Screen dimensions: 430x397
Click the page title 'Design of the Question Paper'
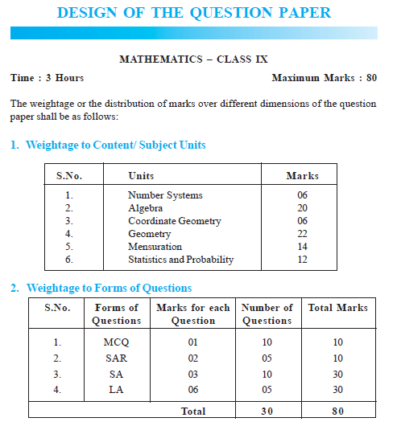tap(194, 14)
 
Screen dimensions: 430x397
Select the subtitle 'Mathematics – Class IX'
tap(193, 59)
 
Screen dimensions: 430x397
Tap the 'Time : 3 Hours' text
tap(47, 78)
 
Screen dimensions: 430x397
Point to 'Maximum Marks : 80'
tap(325, 78)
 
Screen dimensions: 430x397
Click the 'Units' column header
tap(141, 175)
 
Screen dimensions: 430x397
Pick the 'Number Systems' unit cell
tap(165, 195)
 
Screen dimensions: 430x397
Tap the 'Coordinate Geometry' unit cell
tap(174, 221)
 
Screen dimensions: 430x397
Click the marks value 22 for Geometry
tap(302, 234)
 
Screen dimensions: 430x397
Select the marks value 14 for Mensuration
tap(302, 247)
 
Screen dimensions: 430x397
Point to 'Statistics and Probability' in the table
tap(180, 260)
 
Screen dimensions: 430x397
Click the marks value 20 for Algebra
tap(302, 208)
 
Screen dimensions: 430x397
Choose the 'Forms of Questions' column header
tap(117, 314)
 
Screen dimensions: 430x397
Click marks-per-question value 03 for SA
tap(192, 375)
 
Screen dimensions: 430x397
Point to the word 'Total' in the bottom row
tap(192, 412)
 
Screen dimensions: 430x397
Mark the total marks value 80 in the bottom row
tap(337, 412)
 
